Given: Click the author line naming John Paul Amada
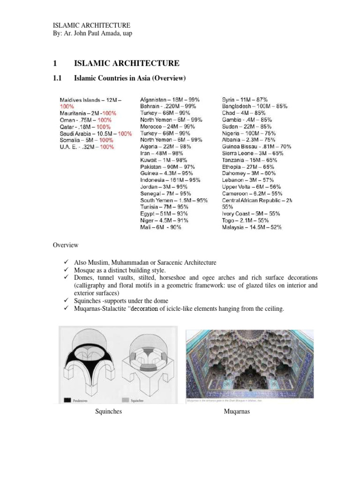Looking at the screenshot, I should tap(92, 33).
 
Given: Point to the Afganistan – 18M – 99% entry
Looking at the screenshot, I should tap(170, 100).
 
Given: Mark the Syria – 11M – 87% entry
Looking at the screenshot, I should tap(245, 100).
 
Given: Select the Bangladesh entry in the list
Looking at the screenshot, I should tap(255, 106).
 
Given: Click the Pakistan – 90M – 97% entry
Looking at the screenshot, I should tap(167, 166).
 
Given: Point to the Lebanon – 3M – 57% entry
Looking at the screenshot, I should tap(248, 180).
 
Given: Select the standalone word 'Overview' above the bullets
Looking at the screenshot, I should tap(65, 245).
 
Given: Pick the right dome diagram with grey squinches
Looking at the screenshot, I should tap(149, 365).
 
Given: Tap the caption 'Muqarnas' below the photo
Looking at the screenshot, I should tap(237, 412).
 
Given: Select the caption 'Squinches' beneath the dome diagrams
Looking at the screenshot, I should tap(109, 412).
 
